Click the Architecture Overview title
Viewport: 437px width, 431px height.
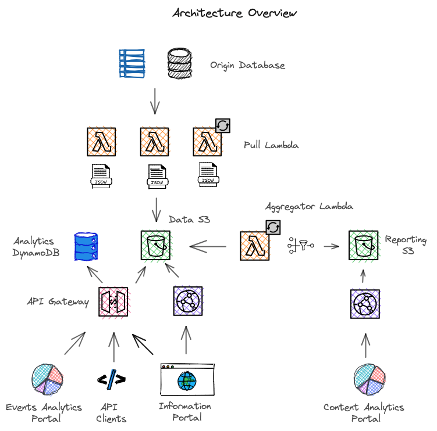click(x=235, y=13)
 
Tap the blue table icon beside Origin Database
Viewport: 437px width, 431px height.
click(x=132, y=63)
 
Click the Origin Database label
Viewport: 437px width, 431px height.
click(x=247, y=65)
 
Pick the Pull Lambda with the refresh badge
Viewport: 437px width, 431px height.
click(x=208, y=142)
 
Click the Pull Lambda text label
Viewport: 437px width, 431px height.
click(x=271, y=145)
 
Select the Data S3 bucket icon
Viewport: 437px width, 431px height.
click(x=155, y=245)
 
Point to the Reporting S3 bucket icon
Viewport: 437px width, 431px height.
click(x=363, y=245)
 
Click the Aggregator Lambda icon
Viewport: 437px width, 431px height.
click(x=255, y=245)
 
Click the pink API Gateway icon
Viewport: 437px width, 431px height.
click(x=113, y=301)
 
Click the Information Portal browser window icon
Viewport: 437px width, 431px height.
click(x=187, y=380)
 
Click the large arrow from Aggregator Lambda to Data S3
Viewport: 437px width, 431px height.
click(x=208, y=247)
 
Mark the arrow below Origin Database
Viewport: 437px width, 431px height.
click(x=155, y=101)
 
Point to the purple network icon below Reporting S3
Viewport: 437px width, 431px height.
click(x=365, y=303)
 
